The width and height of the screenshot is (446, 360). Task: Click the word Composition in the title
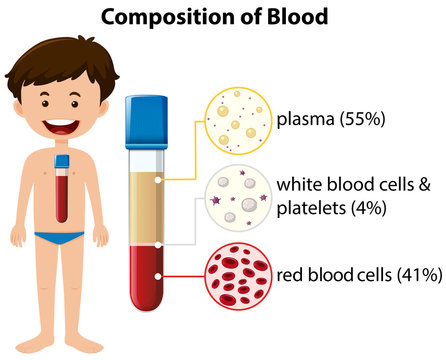[x=167, y=18]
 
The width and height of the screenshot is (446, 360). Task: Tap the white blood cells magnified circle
[x=235, y=199]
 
